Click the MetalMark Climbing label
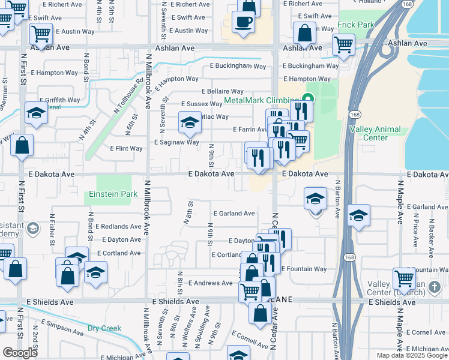(261, 100)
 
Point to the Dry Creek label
(104, 328)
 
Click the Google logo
(20, 353)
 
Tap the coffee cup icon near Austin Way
(244, 22)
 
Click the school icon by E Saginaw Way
(190, 122)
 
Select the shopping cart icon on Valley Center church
(404, 278)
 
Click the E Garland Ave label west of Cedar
(234, 213)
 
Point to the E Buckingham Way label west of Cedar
(238, 67)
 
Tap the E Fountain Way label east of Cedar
(304, 269)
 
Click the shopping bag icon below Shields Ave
(260, 313)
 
